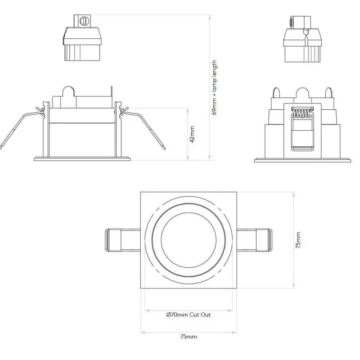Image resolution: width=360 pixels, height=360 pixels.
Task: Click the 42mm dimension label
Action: click(192, 134)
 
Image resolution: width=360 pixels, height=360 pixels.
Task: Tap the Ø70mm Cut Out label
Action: click(188, 315)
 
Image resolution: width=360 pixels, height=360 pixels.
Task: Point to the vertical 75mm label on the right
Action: click(298, 241)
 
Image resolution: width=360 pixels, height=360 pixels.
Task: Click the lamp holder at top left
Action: click(82, 43)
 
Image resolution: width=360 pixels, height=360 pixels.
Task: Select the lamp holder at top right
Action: click(302, 43)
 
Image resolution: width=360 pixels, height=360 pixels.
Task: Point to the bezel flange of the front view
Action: click(82, 158)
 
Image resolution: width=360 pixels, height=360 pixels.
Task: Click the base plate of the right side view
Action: click(302, 160)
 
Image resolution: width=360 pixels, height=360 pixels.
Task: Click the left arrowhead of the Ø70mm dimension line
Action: click(146, 310)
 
